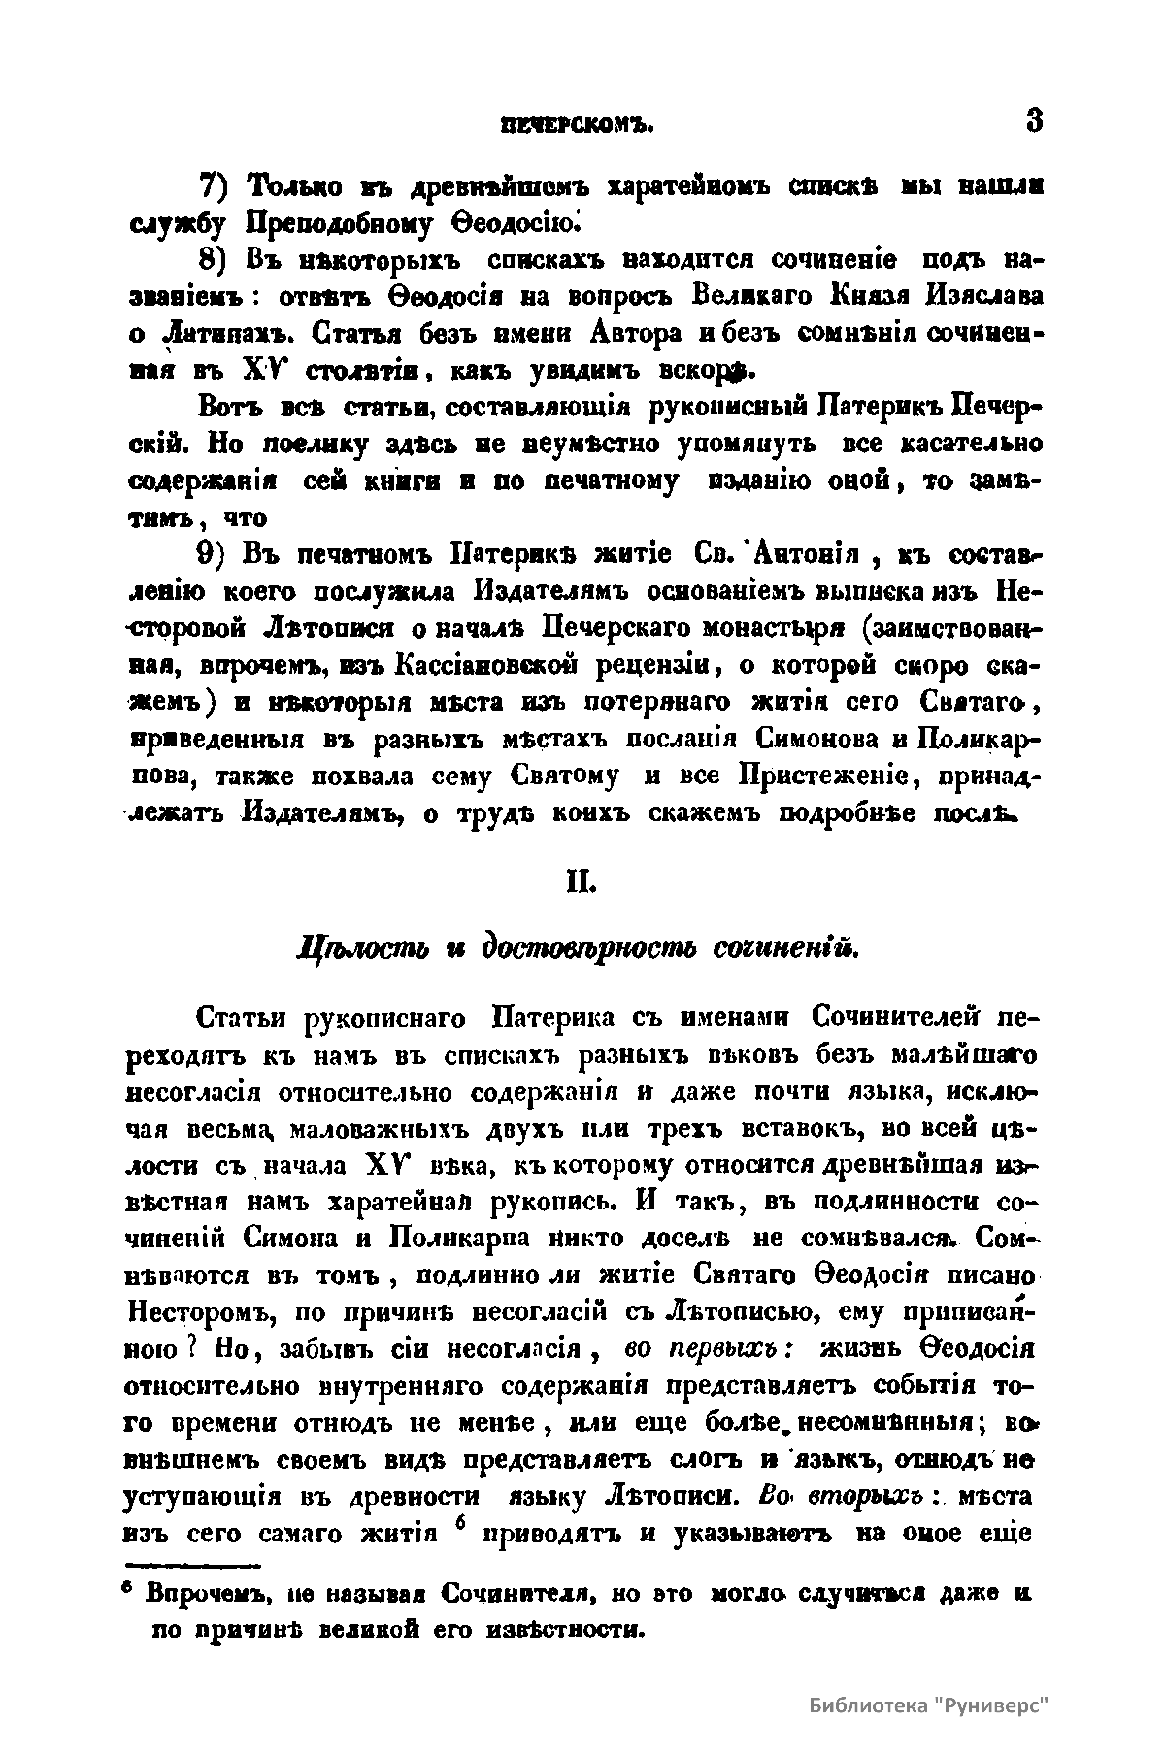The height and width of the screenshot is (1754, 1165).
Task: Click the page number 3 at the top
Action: tap(1033, 122)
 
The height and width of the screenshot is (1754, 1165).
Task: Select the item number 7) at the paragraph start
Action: tap(216, 185)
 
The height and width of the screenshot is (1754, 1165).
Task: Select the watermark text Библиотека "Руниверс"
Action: tap(929, 1705)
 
